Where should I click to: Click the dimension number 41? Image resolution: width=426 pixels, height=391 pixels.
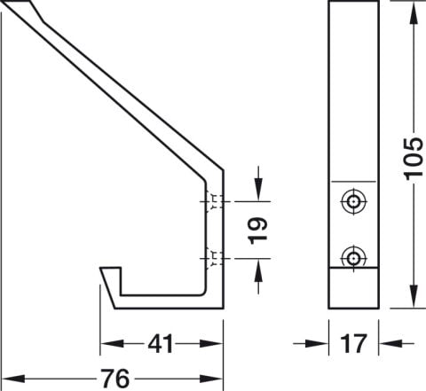[x=160, y=344]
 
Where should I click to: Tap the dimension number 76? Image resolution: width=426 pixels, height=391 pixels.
[x=115, y=379]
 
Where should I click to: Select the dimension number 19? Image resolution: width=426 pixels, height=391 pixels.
[x=258, y=231]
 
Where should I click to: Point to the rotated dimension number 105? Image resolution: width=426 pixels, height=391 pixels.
[x=414, y=159]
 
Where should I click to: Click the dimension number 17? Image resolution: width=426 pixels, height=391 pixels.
[x=353, y=343]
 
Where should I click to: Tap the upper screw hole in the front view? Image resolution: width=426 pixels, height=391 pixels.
[x=353, y=202]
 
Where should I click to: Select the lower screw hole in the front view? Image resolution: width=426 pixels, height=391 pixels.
[x=353, y=258]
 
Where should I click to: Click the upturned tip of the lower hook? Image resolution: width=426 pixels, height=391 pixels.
[x=110, y=268]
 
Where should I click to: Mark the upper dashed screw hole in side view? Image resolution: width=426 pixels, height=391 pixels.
[x=215, y=201]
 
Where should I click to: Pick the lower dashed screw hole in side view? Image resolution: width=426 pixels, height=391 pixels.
[x=215, y=259]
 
